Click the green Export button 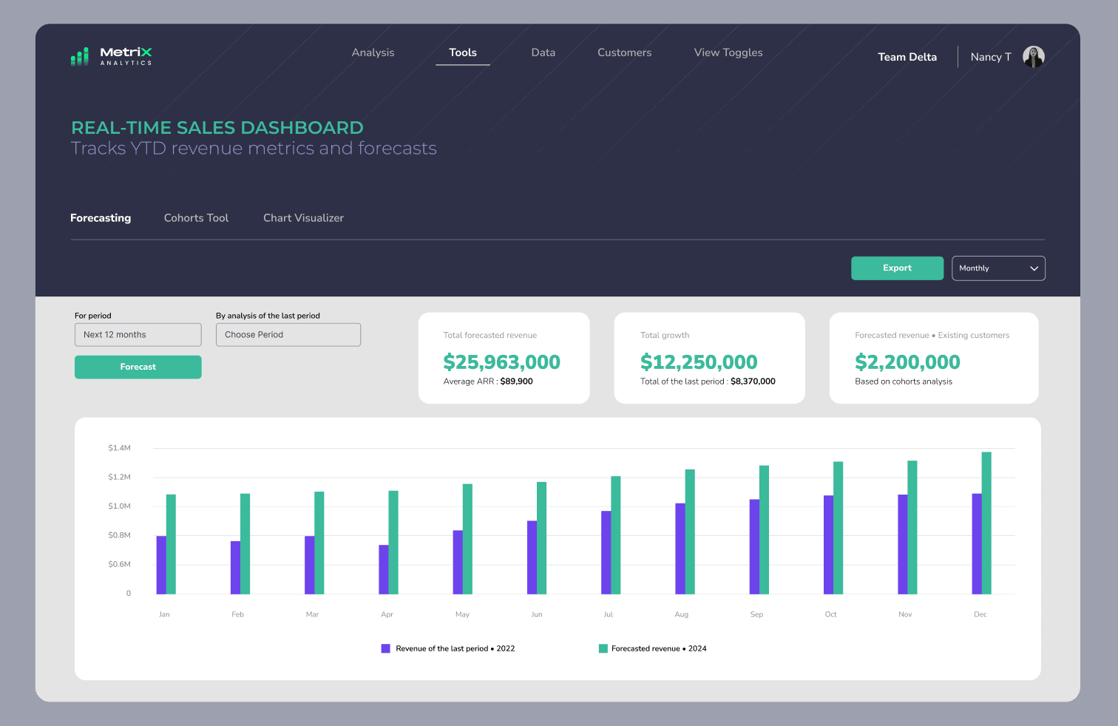coord(897,268)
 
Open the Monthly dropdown coord(998,268)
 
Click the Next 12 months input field coord(138,335)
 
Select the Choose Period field coord(288,335)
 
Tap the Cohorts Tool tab coord(196,218)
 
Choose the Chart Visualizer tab coord(303,218)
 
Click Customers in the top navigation coord(624,52)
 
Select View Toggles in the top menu coord(728,52)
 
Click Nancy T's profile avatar coord(1033,56)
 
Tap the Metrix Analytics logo coord(112,56)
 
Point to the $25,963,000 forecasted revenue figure coord(501,362)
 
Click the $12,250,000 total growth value coord(699,362)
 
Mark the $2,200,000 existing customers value coord(907,362)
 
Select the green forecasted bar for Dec coord(986,523)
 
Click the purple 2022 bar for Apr coord(383,569)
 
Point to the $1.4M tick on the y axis coord(119,448)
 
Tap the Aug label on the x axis coord(681,614)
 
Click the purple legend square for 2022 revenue coord(385,648)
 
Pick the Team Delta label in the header coord(907,57)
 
